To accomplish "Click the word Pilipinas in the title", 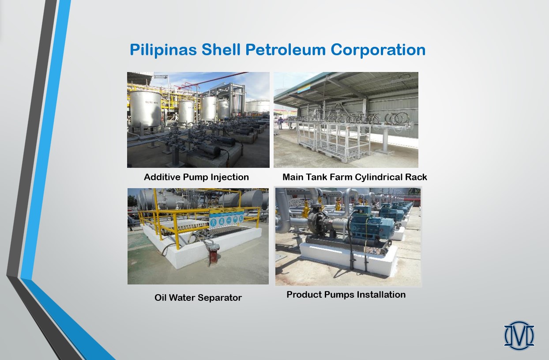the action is click(x=163, y=50).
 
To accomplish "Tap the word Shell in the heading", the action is click(x=221, y=49).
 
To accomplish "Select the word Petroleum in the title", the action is click(x=286, y=49).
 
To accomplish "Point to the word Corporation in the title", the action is click(x=378, y=50).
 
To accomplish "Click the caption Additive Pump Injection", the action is click(x=196, y=177).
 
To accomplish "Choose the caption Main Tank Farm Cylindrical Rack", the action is click(x=355, y=177).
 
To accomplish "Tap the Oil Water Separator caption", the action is click(x=198, y=298).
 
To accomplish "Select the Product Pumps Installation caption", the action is click(x=346, y=295).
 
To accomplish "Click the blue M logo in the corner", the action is click(x=519, y=335).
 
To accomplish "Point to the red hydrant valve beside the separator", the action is click(x=212, y=254).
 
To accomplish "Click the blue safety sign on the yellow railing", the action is click(x=227, y=219).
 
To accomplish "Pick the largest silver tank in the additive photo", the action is click(x=146, y=109).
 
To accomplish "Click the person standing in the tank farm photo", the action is click(x=280, y=123).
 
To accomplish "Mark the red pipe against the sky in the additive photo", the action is click(x=213, y=80).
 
